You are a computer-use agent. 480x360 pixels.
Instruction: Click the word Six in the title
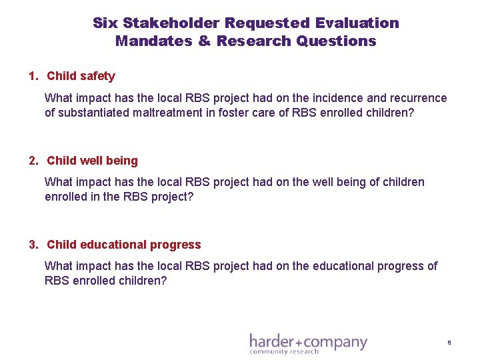click(x=105, y=23)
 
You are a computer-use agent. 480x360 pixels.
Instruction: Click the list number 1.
click(x=33, y=76)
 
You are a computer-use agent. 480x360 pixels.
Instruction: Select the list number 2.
click(x=33, y=160)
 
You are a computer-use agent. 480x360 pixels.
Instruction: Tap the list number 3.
click(x=33, y=244)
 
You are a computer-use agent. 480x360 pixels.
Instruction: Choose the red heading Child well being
click(x=92, y=160)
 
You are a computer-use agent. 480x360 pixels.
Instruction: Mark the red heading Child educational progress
click(x=123, y=244)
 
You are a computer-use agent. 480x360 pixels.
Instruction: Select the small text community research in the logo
click(x=284, y=352)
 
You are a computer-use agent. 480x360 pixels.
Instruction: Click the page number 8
click(x=449, y=343)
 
